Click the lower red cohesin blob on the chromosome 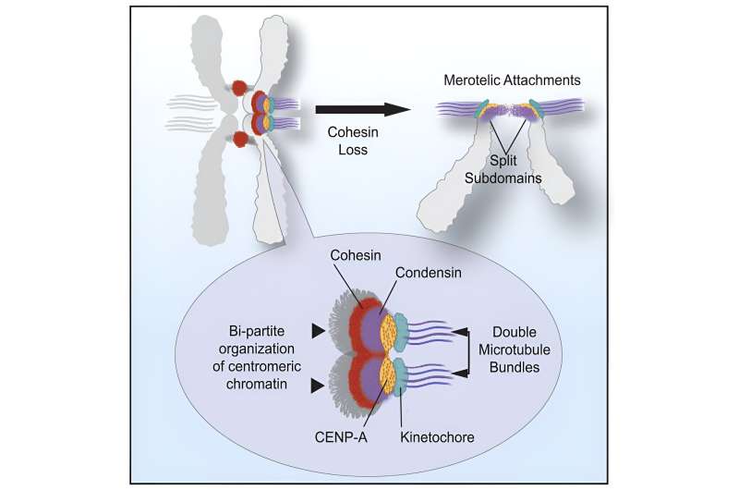pyautogui.click(x=242, y=141)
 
